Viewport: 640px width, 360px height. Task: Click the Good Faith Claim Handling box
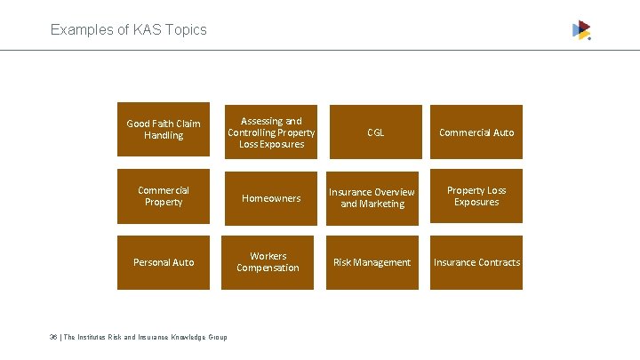pyautogui.click(x=164, y=130)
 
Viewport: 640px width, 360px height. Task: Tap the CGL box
pyautogui.click(x=375, y=132)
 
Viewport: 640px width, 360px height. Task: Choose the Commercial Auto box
pyautogui.click(x=476, y=132)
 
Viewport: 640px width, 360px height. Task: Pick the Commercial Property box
pyautogui.click(x=164, y=196)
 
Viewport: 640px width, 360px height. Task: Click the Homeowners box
pyautogui.click(x=271, y=198)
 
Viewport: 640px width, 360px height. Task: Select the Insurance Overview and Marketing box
pyautogui.click(x=372, y=198)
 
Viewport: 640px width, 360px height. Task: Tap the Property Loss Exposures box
pyautogui.click(x=476, y=196)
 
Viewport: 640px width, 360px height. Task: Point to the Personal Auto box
pyautogui.click(x=164, y=262)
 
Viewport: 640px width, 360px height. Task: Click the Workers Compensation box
pyautogui.click(x=268, y=262)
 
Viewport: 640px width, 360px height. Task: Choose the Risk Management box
pyautogui.click(x=372, y=262)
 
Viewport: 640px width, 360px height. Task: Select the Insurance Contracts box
pyautogui.click(x=476, y=262)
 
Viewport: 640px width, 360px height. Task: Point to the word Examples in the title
pyautogui.click(x=77, y=29)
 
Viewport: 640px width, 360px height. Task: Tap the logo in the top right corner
pyautogui.click(x=581, y=30)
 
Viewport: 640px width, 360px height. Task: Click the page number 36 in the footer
pyautogui.click(x=55, y=337)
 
